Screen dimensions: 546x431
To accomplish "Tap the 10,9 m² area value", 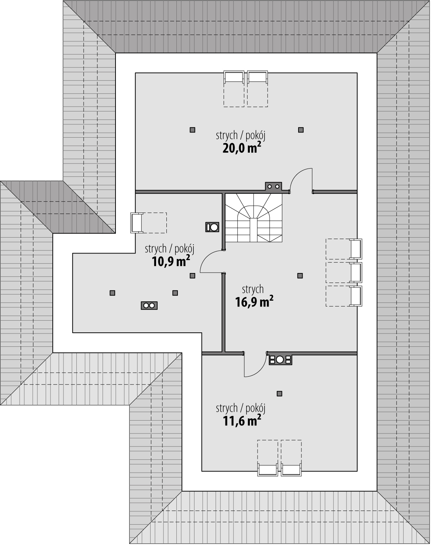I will click(x=171, y=261).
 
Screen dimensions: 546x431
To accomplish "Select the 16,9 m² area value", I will click(x=254, y=302).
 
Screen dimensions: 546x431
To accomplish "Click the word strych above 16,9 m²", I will click(x=253, y=289).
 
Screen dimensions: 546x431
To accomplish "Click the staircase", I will click(x=254, y=218).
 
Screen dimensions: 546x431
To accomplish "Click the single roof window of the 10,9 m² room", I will click(x=137, y=223).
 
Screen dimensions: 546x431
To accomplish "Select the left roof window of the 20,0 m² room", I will click(x=234, y=77).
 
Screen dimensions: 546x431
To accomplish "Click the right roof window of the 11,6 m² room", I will click(x=291, y=469).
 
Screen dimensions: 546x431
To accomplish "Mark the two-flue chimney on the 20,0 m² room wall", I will click(x=273, y=187).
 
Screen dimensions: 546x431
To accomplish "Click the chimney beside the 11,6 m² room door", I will click(x=280, y=360).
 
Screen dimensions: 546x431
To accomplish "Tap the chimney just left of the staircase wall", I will click(x=213, y=227).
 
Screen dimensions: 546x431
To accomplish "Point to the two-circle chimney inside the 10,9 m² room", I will click(x=149, y=305).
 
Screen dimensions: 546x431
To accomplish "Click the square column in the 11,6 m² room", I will click(x=280, y=394).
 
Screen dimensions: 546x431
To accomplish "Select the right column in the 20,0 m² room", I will click(x=301, y=130).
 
